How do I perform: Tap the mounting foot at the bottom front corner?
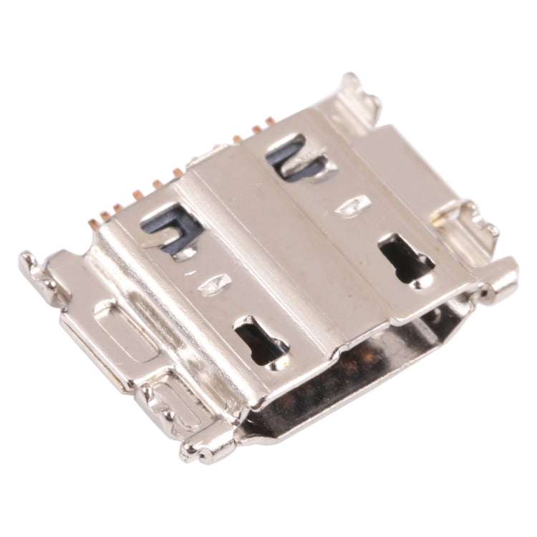[x=208, y=447]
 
